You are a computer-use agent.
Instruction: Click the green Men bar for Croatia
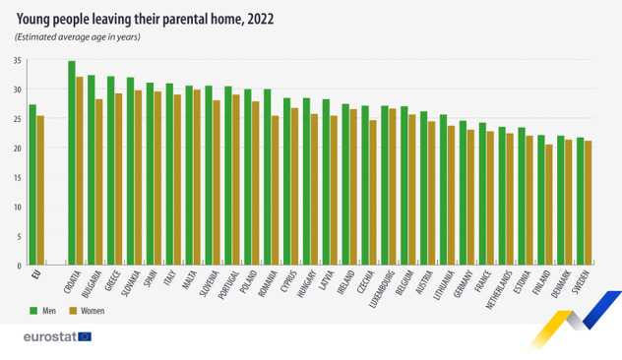72,163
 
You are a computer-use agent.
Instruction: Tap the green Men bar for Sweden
580,202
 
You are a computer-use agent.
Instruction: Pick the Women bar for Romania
276,191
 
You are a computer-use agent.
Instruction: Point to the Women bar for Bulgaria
99,182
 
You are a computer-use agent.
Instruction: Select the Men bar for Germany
463,193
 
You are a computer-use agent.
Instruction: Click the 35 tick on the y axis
18,61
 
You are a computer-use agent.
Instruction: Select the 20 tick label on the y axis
18,149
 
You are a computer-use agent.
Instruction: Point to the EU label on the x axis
36,275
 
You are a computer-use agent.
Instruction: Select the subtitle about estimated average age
78,37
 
